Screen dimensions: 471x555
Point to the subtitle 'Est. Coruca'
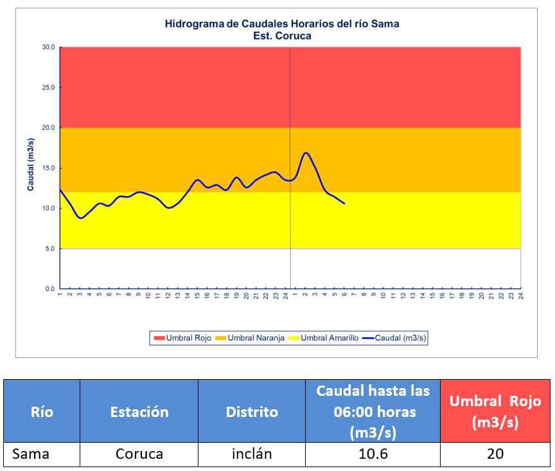click(282, 36)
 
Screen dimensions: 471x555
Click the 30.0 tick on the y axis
click(48, 47)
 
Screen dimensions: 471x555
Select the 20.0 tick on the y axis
click(48, 128)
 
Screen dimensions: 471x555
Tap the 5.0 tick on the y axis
click(49, 249)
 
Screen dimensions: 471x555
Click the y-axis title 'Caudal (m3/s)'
click(30, 164)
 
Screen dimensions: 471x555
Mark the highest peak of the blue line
click(306, 153)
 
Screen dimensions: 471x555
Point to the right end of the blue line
click(344, 204)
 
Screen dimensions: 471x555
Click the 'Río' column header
click(42, 412)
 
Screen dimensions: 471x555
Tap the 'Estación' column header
click(139, 412)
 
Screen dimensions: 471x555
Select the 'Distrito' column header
click(252, 412)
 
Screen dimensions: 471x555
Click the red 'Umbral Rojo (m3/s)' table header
click(495, 412)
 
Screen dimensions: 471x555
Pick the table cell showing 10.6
click(373, 454)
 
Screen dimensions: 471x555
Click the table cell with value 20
click(495, 454)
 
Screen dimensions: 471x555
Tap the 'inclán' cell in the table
click(252, 454)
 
